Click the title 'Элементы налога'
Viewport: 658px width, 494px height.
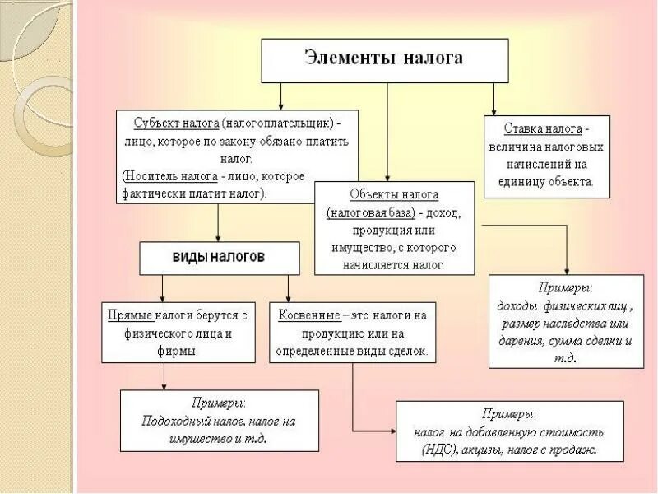pyautogui.click(x=383, y=58)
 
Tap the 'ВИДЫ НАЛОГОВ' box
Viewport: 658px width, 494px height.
pyautogui.click(x=218, y=257)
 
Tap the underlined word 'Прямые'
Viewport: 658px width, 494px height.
pyautogui.click(x=129, y=315)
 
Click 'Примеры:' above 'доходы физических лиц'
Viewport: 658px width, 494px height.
pyautogui.click(x=566, y=288)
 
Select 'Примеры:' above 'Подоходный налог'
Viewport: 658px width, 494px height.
pyautogui.click(x=219, y=403)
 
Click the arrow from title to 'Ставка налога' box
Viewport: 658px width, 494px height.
pyautogui.click(x=493, y=99)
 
